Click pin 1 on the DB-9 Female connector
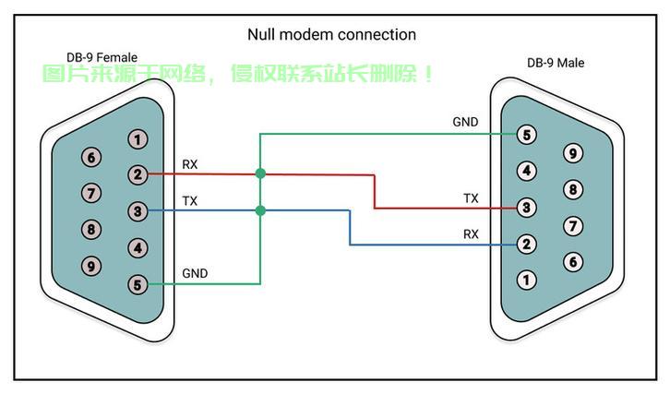coord(138,139)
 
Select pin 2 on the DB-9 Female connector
coord(138,174)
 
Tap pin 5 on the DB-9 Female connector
coord(138,284)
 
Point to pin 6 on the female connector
coord(91,157)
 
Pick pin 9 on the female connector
coord(91,267)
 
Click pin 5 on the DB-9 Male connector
coord(526,135)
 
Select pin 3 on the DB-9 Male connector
coord(526,208)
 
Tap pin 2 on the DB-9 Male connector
coord(526,244)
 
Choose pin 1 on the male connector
coord(526,281)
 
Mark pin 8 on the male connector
coord(573,190)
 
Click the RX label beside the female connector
coord(190,164)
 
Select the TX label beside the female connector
coord(190,201)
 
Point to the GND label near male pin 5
coord(465,122)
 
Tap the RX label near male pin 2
coord(471,234)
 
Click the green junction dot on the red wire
coord(260,173)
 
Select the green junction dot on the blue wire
coord(260,210)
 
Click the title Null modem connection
coord(331,35)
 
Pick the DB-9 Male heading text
coord(556,63)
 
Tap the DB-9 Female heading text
coord(102,57)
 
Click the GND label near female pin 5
coord(195,273)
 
